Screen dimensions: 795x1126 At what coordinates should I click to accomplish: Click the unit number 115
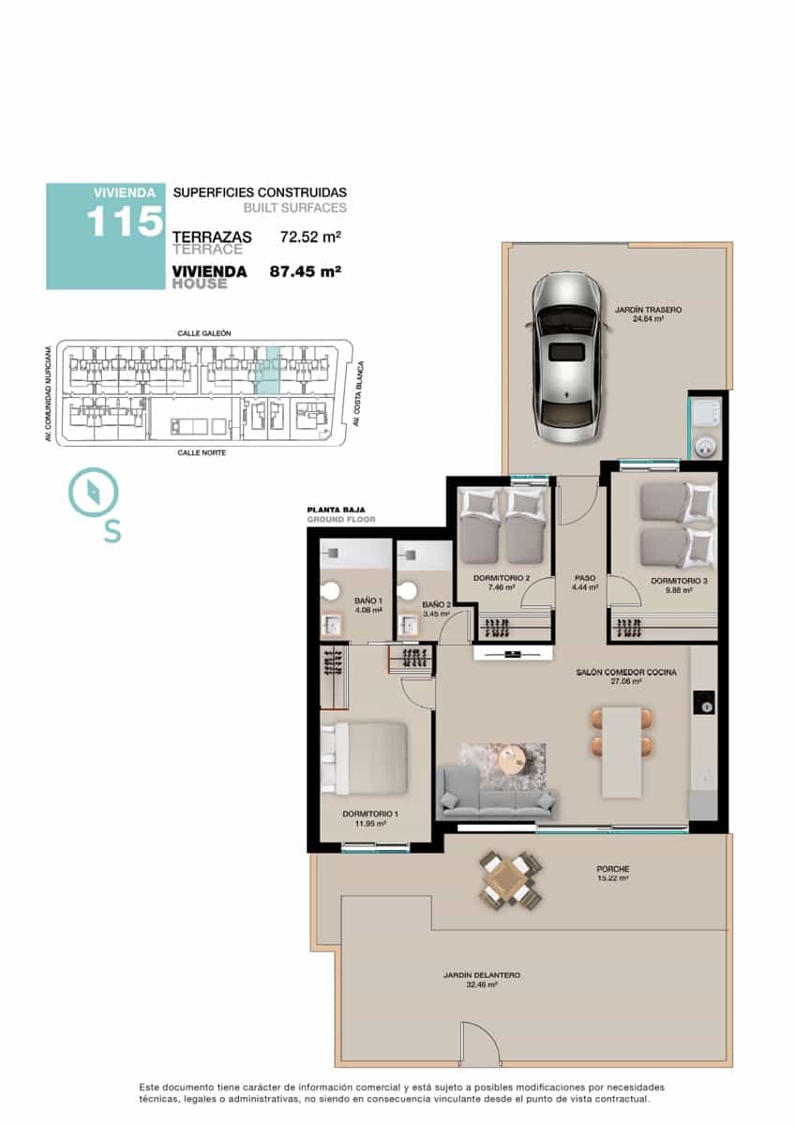click(x=125, y=221)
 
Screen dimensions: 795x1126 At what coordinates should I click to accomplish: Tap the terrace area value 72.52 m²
click(x=311, y=236)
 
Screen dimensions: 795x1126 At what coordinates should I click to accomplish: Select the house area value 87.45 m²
click(x=306, y=271)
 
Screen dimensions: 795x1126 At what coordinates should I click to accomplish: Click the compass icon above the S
click(x=94, y=492)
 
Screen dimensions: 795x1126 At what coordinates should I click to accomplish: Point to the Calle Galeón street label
click(x=204, y=333)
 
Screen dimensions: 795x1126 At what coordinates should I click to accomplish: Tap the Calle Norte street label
click(x=202, y=453)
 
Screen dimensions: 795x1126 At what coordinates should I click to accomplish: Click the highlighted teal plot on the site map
click(x=268, y=370)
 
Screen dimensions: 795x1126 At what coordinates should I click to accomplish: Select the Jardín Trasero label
click(x=649, y=310)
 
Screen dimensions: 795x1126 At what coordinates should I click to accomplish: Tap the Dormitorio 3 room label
click(x=679, y=581)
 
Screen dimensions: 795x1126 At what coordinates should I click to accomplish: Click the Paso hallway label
click(x=585, y=578)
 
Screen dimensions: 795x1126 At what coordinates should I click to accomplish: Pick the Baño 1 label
click(x=368, y=601)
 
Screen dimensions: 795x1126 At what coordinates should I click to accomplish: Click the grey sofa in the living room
click(x=497, y=794)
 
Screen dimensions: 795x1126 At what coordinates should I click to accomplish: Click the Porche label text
click(x=613, y=869)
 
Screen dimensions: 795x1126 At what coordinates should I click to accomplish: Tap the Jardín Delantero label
click(x=482, y=975)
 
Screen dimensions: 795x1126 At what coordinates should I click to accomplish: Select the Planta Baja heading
click(x=336, y=510)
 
